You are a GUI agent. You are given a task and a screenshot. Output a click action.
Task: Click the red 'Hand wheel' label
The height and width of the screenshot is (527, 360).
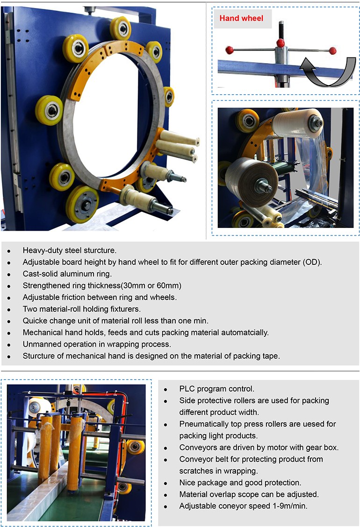click(242, 19)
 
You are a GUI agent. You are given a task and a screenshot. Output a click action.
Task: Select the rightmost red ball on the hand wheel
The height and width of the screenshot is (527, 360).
click(332, 50)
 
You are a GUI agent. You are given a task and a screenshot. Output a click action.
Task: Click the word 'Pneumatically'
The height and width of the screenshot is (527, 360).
click(202, 424)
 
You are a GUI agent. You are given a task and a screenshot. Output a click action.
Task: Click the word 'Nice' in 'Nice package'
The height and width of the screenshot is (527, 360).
click(187, 483)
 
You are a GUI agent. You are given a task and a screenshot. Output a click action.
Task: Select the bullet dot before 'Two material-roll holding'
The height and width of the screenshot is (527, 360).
click(9, 309)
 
